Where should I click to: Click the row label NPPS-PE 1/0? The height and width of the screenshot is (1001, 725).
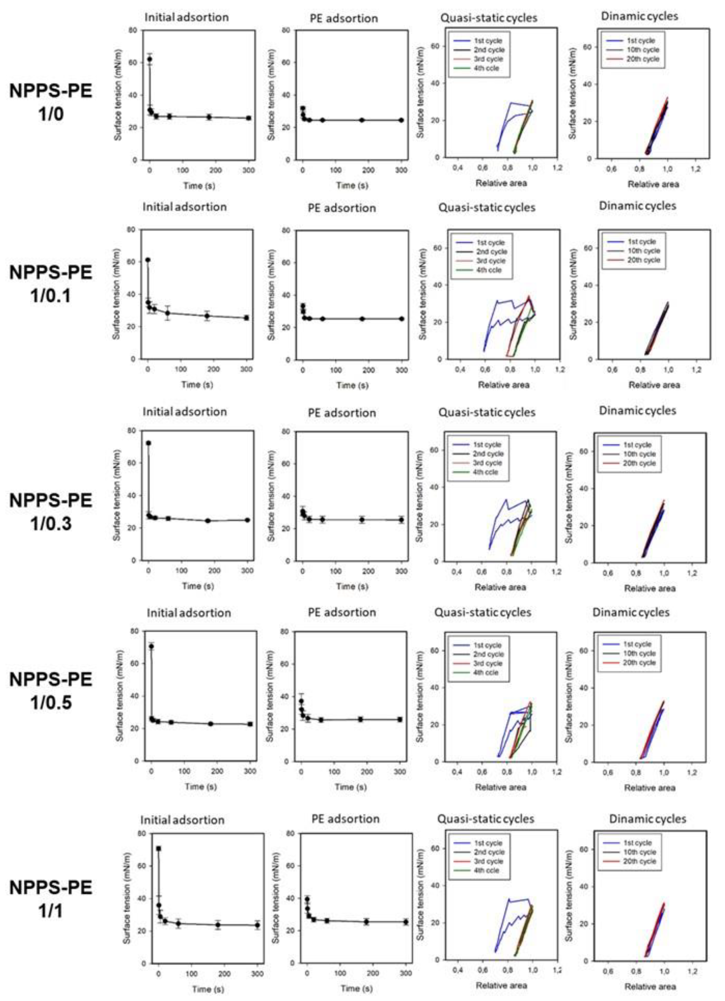point(51,102)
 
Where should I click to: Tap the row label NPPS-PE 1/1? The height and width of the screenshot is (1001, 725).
point(51,899)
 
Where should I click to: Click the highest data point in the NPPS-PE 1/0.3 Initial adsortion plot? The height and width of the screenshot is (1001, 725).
point(148,443)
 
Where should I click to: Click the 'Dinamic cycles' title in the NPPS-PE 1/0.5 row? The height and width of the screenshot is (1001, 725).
point(630,612)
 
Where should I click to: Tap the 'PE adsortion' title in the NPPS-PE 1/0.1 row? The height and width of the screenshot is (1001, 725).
point(342,208)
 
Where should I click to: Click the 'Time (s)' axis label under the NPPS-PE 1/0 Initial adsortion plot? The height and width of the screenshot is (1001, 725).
point(199,186)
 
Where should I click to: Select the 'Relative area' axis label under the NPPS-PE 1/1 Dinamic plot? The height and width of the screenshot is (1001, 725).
point(649,987)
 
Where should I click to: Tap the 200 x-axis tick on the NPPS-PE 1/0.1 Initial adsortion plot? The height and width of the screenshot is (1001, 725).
point(213,369)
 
